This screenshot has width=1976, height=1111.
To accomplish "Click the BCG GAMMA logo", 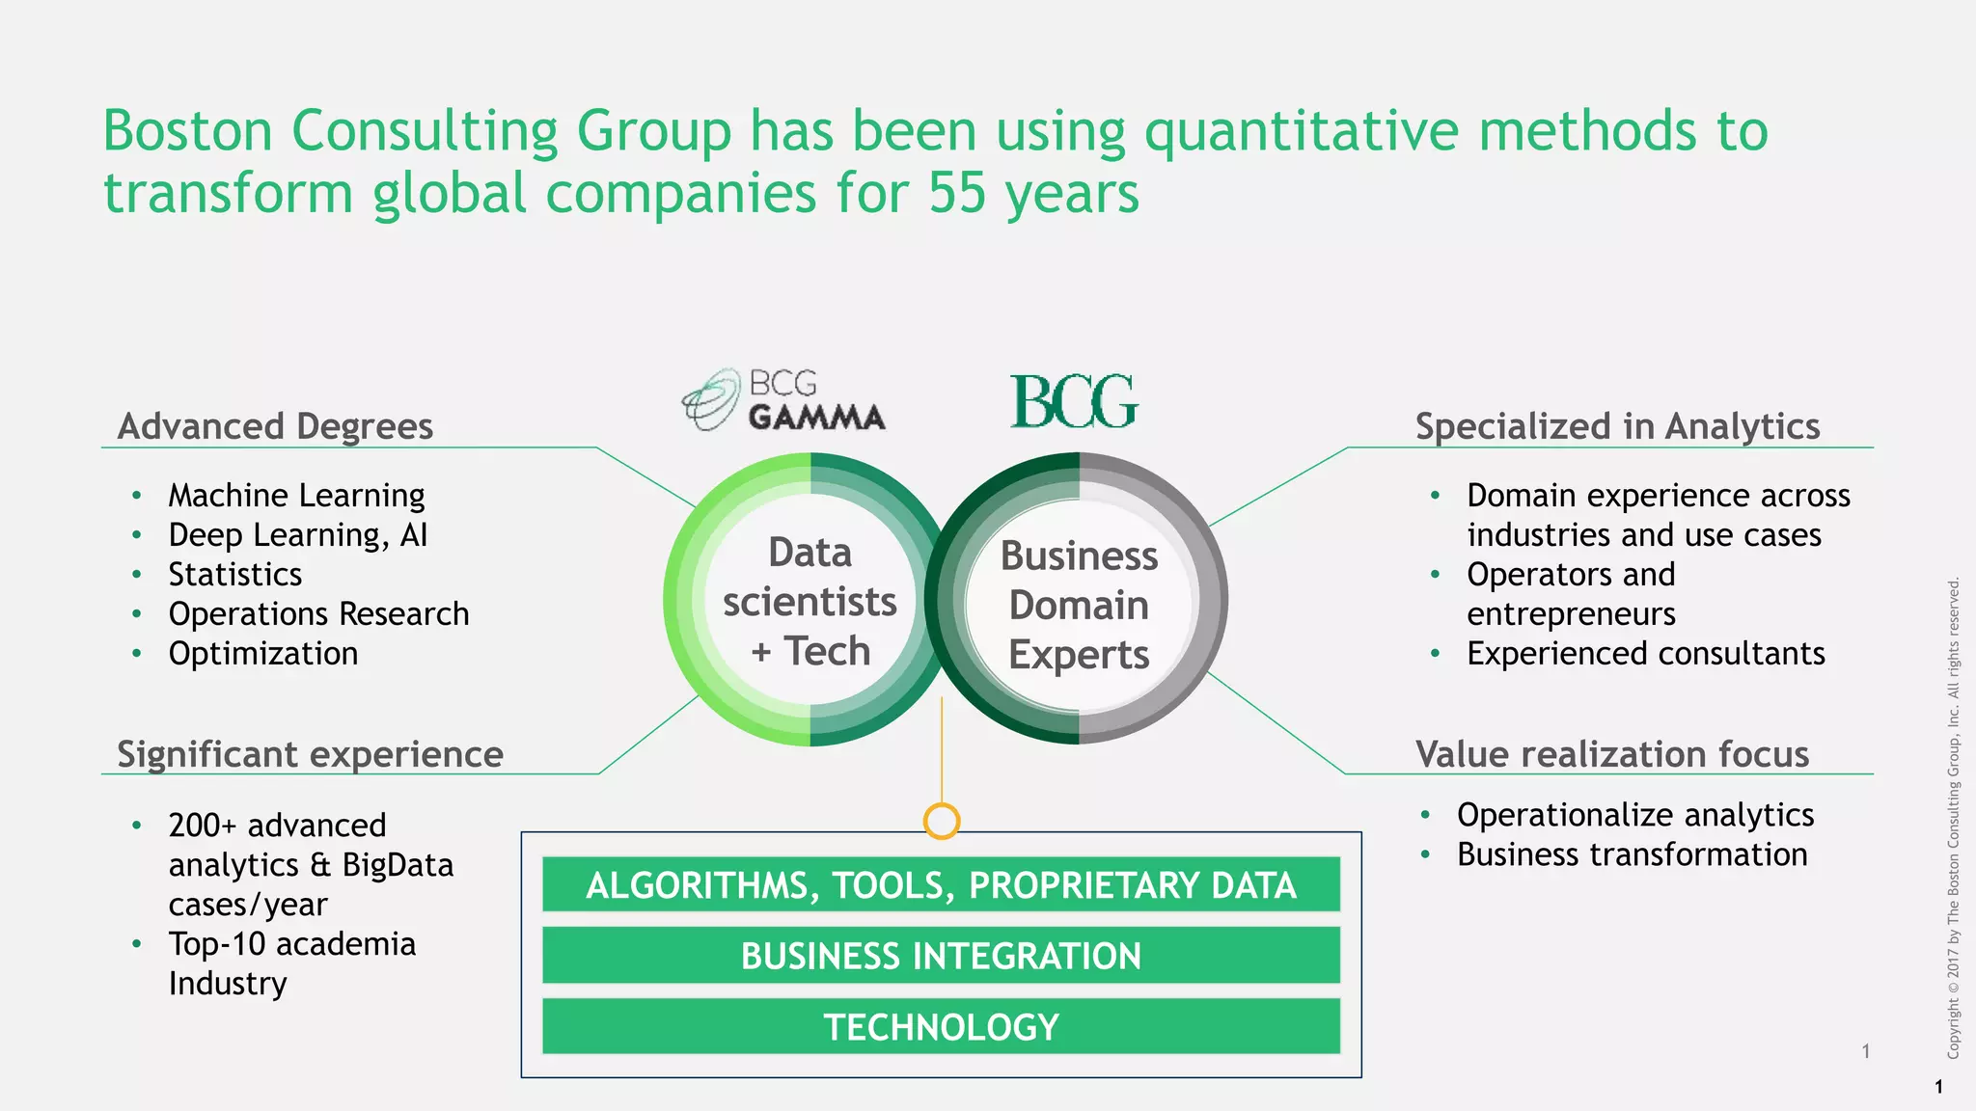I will pos(783,399).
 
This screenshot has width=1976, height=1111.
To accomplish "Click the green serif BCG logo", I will pos(1074,401).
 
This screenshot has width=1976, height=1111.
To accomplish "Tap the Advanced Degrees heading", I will pos(275,426).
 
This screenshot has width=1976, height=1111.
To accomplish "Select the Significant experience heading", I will pos(310,754).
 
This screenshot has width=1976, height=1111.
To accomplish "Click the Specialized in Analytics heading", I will pos(1617,426).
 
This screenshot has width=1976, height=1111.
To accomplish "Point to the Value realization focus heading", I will pos(1611,754).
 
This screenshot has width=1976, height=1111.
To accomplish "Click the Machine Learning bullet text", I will pos(296,496).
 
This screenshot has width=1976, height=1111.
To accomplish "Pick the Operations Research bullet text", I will pos(318,614).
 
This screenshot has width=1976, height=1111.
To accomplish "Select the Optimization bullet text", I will pos(262,654).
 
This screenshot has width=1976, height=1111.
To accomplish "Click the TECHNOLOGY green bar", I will pos(941,1027).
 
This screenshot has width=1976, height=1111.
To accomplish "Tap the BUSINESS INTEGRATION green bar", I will pos(941,956).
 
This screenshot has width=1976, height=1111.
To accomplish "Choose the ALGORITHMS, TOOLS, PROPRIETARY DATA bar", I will pos(941,885).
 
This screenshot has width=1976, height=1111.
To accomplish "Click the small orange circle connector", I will pos(941,821).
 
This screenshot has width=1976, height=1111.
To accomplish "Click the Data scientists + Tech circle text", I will pos(810,602).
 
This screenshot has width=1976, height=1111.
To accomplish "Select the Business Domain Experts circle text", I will pos(1079,605).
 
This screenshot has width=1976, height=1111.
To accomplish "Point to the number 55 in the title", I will pos(956,193).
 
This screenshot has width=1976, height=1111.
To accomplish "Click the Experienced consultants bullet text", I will pos(1645,654).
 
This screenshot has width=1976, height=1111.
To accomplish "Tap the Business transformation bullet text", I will pos(1632,854).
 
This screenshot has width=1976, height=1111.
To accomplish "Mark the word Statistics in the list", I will pos(235,575).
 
